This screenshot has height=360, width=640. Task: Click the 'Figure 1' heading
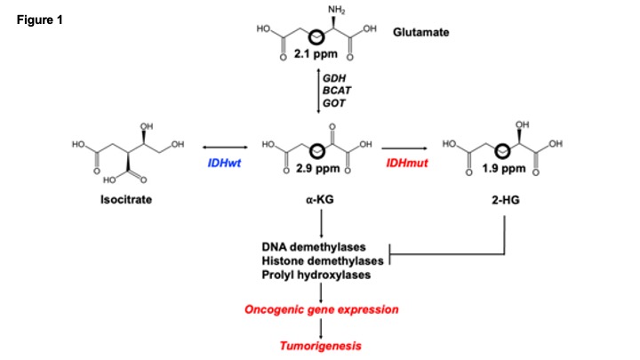[38, 19]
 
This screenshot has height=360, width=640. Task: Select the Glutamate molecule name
[421, 33]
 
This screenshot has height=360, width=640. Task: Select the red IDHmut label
[405, 165]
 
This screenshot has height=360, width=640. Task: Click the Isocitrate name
[124, 201]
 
